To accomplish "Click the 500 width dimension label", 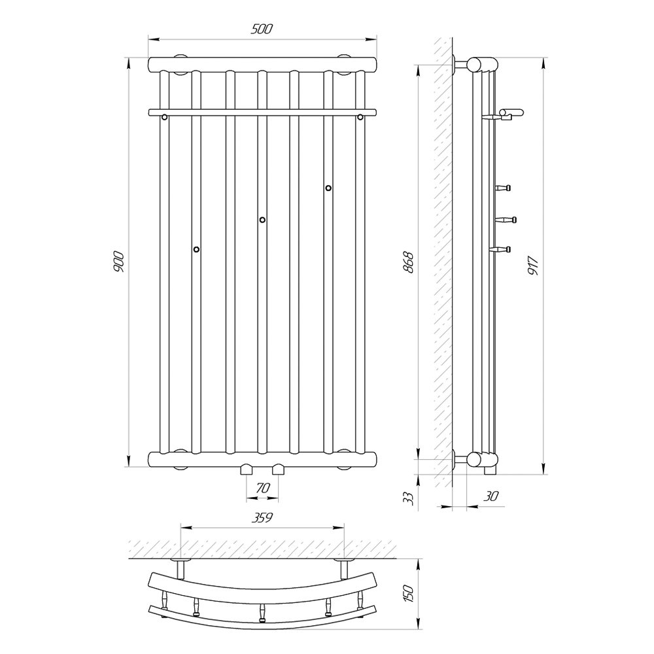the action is coord(262,29).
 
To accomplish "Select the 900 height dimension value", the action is coord(118,262).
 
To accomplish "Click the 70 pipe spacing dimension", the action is coord(262,488).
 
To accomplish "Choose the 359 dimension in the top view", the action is coord(262,517).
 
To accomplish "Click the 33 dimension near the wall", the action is coord(409,498).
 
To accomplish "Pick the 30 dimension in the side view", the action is coord(490,496).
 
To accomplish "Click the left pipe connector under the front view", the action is coord(247,470).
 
